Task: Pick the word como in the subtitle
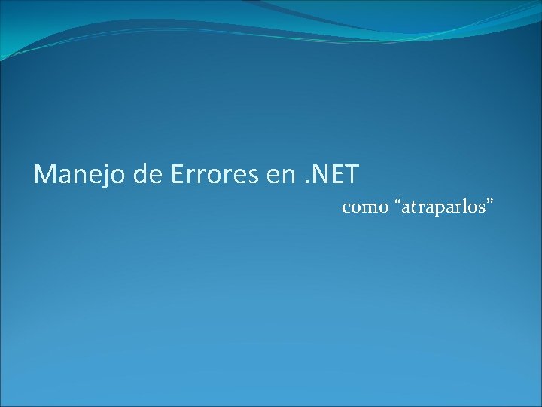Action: (365, 207)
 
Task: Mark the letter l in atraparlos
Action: (464, 206)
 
